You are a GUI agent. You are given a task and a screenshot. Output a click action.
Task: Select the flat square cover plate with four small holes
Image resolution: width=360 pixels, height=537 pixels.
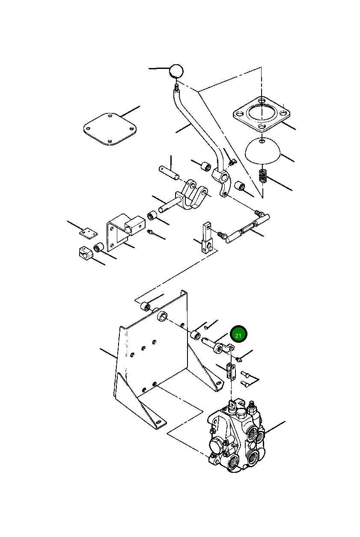tap(110, 129)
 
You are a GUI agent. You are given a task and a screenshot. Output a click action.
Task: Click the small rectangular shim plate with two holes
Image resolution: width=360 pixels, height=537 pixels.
tap(88, 232)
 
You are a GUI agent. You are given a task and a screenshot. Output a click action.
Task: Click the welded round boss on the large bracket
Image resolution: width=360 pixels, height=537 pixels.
tap(163, 317)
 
